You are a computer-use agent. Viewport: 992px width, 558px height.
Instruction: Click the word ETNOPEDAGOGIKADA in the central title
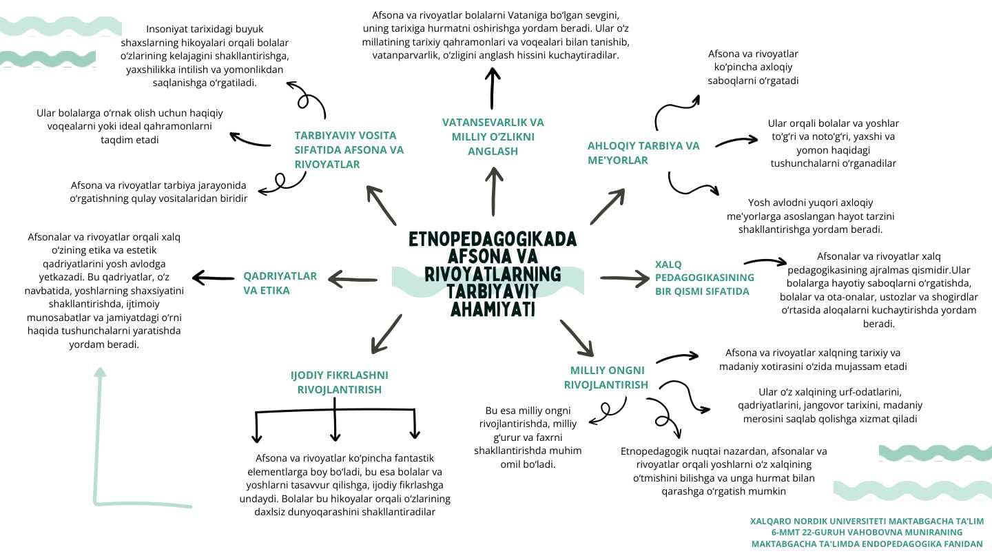tap(493, 239)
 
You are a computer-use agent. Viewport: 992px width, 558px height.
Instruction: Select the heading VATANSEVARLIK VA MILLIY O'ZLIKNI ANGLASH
tap(493, 137)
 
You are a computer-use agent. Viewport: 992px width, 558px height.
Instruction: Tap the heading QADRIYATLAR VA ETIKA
tap(280, 283)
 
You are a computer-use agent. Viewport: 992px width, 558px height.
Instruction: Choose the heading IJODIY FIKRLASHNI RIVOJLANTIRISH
tap(339, 382)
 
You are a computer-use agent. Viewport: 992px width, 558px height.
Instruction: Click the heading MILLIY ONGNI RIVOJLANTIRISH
tap(606, 378)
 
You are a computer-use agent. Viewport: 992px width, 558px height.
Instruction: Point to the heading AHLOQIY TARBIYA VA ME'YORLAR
tap(643, 153)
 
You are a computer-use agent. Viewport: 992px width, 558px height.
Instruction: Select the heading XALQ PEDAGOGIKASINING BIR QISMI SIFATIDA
tap(704, 278)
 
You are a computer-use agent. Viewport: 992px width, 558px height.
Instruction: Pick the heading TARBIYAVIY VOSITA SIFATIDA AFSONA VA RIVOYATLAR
tap(349, 149)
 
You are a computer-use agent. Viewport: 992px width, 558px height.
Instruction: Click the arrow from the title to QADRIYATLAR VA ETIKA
tap(353, 280)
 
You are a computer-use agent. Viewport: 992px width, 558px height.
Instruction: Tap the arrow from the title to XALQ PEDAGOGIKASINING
tap(625, 278)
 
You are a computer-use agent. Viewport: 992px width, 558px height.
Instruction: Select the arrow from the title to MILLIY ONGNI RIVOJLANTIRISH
tap(577, 338)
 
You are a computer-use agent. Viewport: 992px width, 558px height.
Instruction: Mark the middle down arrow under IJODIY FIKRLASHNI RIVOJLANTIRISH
tap(335, 420)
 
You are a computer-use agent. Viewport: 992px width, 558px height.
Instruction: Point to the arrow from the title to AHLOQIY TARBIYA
tap(607, 207)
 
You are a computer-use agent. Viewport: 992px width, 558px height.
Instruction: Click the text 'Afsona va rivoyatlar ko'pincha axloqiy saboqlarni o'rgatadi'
tap(753, 68)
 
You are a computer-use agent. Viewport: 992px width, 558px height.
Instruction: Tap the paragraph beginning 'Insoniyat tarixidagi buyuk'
tap(205, 56)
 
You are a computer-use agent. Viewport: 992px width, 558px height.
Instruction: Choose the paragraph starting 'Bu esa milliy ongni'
tap(528, 437)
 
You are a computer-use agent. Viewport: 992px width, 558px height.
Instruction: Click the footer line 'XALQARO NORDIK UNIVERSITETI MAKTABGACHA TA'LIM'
tap(867, 521)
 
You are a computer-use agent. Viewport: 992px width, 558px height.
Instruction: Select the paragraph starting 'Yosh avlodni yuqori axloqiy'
tap(810, 216)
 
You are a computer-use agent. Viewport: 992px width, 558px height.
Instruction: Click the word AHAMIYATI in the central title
tap(493, 309)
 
